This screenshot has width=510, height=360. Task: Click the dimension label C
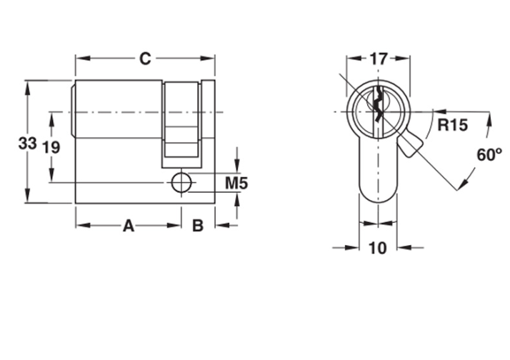[x=145, y=59]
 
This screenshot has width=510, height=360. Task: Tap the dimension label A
[x=129, y=226]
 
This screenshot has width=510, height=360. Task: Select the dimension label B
[x=198, y=226]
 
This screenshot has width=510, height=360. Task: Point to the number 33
[x=28, y=144]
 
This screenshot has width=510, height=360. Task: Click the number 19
[x=51, y=148]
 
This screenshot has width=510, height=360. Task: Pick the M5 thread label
[x=236, y=183]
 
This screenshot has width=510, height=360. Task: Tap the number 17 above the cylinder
[x=379, y=59]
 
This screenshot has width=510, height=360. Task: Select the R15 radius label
[x=452, y=125]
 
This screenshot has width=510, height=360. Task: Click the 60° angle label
[x=489, y=155]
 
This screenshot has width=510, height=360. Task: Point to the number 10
[x=378, y=248]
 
